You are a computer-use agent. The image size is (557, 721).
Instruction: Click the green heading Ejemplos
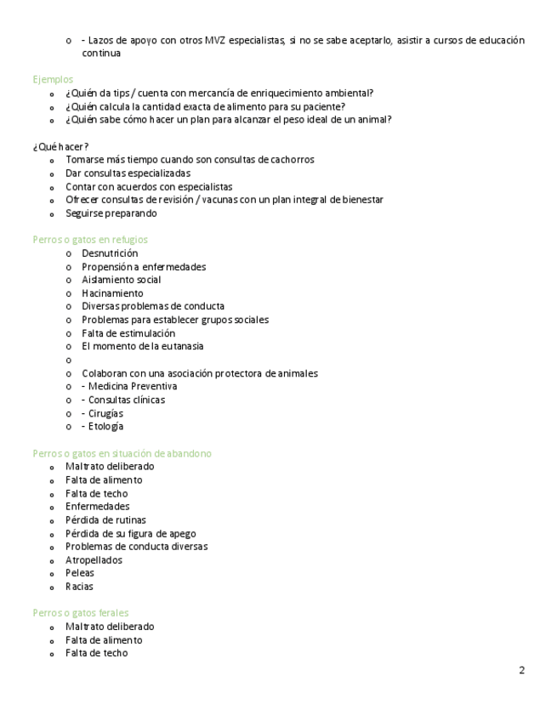(53, 80)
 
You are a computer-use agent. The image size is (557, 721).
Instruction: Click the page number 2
(521, 671)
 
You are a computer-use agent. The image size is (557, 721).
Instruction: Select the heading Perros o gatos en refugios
(90, 240)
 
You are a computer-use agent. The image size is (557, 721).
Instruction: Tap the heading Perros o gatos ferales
(81, 613)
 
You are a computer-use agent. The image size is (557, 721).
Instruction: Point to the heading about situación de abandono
(122, 454)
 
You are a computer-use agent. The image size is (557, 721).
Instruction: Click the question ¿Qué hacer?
(60, 147)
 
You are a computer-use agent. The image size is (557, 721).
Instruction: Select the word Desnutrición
(110, 253)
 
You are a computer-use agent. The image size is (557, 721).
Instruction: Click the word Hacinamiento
(112, 293)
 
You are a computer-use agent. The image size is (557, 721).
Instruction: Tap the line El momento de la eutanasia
(142, 347)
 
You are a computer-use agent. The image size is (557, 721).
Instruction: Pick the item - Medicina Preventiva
(129, 387)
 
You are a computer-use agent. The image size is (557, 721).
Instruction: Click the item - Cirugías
(102, 413)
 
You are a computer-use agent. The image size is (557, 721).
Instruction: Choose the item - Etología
(103, 427)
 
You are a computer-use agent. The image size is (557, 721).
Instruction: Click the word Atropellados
(94, 560)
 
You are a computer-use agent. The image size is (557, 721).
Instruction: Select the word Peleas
(80, 573)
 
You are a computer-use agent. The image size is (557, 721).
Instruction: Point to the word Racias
(79, 587)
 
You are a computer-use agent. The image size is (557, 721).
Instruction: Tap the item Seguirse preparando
(111, 213)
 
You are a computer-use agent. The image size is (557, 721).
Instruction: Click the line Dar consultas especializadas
(128, 173)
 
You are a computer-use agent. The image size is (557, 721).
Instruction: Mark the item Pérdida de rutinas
(105, 520)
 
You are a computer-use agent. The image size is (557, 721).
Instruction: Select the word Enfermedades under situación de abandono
(97, 507)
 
